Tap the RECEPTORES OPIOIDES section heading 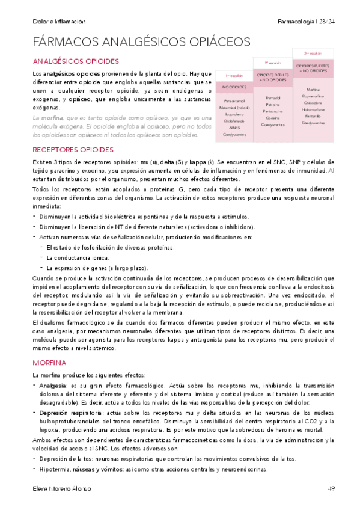click(73, 149)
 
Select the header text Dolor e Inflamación click(59, 21)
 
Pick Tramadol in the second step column click(273, 97)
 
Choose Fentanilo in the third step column click(313, 116)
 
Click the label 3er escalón click(313, 54)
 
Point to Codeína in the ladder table click(273, 118)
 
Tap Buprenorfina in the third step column click(313, 96)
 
